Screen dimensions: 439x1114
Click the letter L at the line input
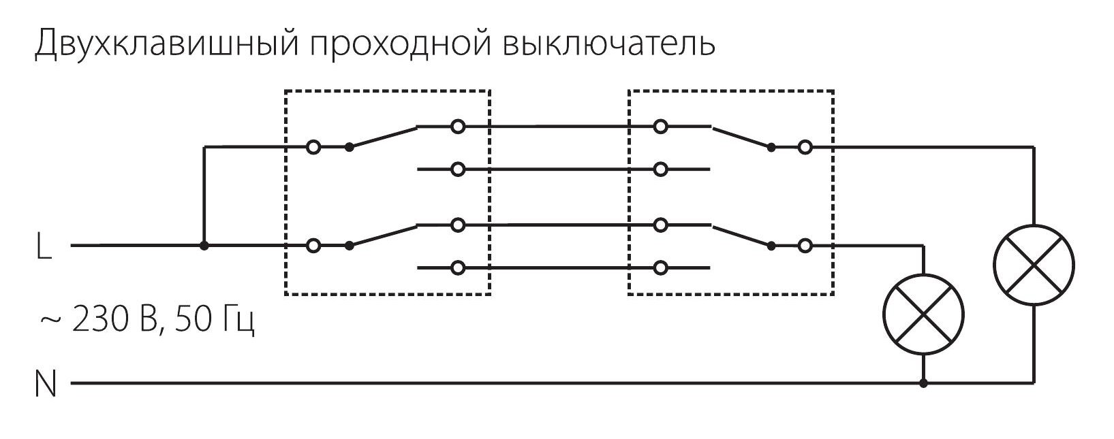(x=43, y=246)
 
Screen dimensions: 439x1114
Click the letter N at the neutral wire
(x=45, y=385)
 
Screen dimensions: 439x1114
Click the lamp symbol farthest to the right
(x=1034, y=265)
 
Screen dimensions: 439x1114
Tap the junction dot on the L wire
(x=204, y=246)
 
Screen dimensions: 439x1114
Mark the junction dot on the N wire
(x=923, y=384)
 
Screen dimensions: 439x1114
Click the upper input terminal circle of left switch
(x=313, y=147)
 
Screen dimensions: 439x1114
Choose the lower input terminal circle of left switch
(x=313, y=246)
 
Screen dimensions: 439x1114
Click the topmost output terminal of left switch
(x=459, y=127)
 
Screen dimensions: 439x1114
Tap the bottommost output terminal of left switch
(x=459, y=268)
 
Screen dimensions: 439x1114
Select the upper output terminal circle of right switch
(x=805, y=147)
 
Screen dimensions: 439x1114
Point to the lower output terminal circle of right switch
(x=805, y=246)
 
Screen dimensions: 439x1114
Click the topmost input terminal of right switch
(x=660, y=127)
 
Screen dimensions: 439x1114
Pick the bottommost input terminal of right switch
(x=660, y=268)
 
